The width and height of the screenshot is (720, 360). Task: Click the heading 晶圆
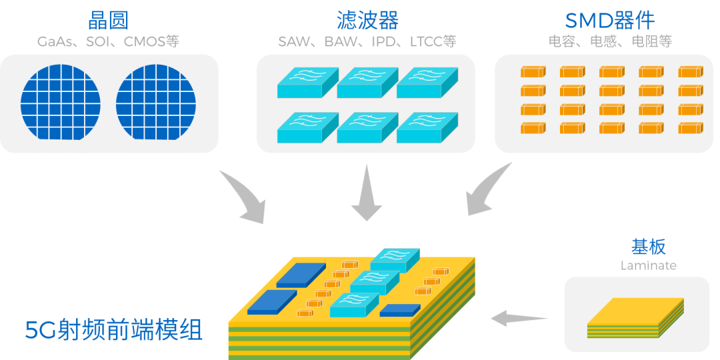click(x=109, y=20)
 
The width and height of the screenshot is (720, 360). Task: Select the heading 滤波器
click(x=367, y=20)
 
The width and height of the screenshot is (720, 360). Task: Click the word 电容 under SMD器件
click(x=561, y=41)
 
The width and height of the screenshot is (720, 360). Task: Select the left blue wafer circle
click(x=61, y=102)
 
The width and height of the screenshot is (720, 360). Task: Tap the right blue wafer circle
click(x=156, y=102)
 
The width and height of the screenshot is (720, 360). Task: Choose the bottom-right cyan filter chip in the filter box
click(x=427, y=127)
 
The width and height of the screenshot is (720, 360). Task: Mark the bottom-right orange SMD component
click(x=691, y=128)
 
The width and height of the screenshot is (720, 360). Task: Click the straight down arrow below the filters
click(x=367, y=193)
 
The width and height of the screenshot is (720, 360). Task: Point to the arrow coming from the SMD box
click(x=483, y=193)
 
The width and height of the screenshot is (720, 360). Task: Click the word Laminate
click(x=648, y=265)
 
